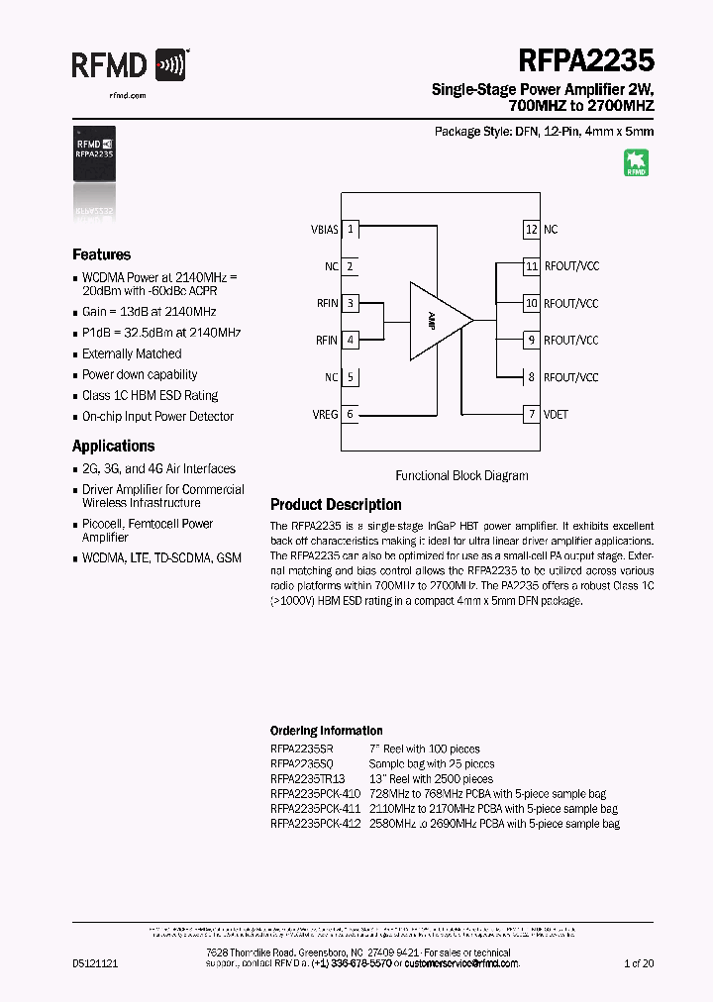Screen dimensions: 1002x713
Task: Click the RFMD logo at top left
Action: pyautogui.click(x=129, y=65)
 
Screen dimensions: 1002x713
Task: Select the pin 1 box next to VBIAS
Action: pyautogui.click(x=351, y=229)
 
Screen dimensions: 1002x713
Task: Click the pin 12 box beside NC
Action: pyautogui.click(x=532, y=229)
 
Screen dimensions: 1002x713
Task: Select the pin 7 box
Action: pyautogui.click(x=532, y=414)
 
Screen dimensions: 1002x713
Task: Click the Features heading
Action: pyautogui.click(x=101, y=254)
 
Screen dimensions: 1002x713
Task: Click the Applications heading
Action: pyautogui.click(x=113, y=447)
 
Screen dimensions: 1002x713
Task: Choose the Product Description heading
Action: pyautogui.click(x=336, y=505)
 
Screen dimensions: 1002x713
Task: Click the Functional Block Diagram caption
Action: pyautogui.click(x=461, y=475)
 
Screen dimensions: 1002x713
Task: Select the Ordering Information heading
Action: pyautogui.click(x=326, y=731)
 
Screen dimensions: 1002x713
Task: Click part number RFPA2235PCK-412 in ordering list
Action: pyautogui.click(x=316, y=824)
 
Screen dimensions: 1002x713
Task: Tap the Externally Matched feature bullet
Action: pyautogui.click(x=132, y=353)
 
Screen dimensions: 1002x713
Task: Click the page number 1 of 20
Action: pyautogui.click(x=639, y=962)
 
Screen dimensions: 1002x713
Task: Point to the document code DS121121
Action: pyautogui.click(x=95, y=962)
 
